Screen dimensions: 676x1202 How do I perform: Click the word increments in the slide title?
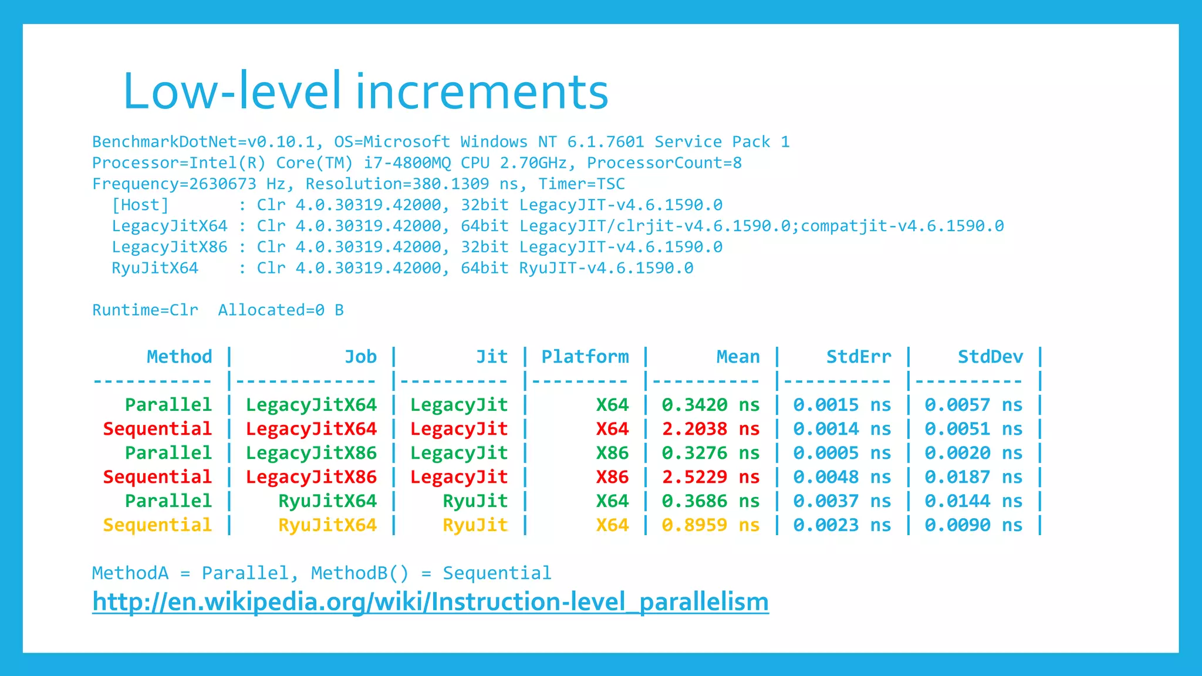(x=482, y=92)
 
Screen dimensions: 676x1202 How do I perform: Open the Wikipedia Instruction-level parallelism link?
(x=430, y=602)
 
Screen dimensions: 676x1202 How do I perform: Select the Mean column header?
(x=738, y=357)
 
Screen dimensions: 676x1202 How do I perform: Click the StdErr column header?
(x=858, y=357)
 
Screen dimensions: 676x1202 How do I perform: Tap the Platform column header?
(x=585, y=357)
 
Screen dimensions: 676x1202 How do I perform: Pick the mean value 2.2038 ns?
(x=710, y=429)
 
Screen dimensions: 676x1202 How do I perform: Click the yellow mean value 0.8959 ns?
(x=710, y=525)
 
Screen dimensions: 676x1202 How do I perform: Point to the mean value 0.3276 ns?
(x=710, y=453)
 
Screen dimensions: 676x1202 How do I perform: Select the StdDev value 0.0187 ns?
(x=973, y=477)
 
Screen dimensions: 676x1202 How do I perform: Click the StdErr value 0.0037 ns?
(x=842, y=501)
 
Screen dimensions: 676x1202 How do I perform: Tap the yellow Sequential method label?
(x=157, y=525)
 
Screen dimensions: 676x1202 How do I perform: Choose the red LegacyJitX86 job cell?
(x=311, y=477)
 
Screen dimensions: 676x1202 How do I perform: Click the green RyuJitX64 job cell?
(x=327, y=501)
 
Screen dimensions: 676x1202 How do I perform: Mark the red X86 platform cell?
(x=612, y=477)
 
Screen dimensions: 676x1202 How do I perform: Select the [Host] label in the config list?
(x=140, y=205)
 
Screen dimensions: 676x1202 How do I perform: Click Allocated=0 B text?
(x=281, y=310)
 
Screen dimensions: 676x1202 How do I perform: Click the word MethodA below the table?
(x=130, y=573)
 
